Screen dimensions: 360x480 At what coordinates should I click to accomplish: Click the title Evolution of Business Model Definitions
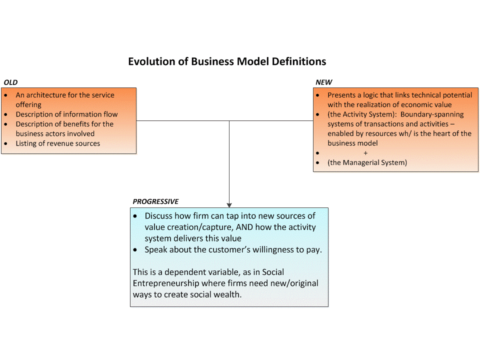pos(227,61)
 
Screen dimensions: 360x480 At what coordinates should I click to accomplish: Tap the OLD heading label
pos(10,82)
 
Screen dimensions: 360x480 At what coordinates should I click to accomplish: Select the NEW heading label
pos(323,82)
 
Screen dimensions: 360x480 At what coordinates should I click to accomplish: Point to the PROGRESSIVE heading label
pos(155,201)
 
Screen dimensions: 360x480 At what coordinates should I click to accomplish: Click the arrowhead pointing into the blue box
pos(229,204)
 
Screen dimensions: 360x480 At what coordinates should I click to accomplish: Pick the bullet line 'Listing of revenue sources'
pos(57,143)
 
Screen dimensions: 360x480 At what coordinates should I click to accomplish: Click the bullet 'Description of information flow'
pos(66,114)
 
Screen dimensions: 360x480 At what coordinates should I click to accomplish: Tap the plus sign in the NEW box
pos(365,153)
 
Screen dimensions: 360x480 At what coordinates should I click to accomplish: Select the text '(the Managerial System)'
pos(367,162)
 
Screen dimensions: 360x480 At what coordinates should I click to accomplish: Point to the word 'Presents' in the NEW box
pos(341,95)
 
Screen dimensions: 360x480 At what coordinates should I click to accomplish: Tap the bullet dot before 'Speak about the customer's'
pos(135,249)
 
